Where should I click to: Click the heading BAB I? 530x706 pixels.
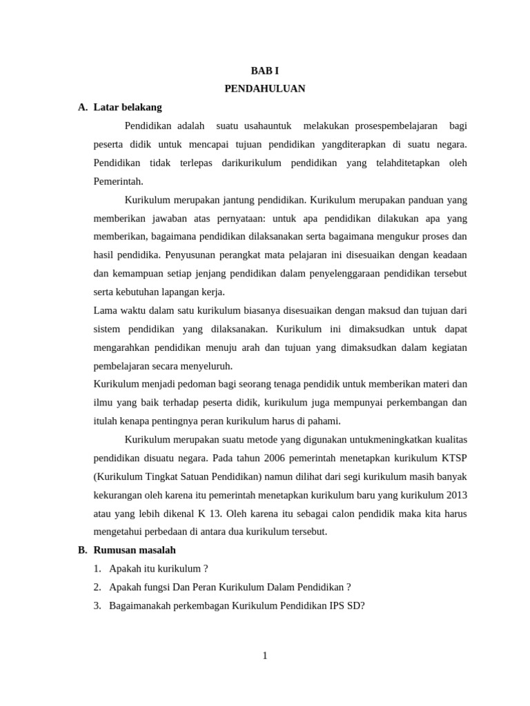[265, 70]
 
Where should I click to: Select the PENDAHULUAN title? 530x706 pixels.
[265, 89]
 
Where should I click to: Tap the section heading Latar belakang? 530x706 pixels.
[128, 108]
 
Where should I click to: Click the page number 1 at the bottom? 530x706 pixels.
[265, 656]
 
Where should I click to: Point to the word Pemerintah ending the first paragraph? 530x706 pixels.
[118, 181]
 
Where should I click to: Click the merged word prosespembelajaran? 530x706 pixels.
[396, 126]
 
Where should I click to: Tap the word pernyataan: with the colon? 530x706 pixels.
[242, 219]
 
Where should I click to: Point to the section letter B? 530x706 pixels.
[82, 550]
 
